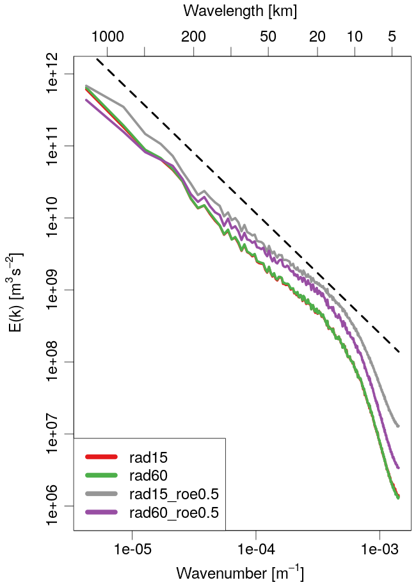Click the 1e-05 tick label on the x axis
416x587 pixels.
point(132,549)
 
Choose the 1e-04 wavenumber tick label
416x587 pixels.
point(256,549)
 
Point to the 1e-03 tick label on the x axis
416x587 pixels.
point(380,549)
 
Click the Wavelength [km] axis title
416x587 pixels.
point(239,11)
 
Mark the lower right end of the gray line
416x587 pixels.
point(398,426)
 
